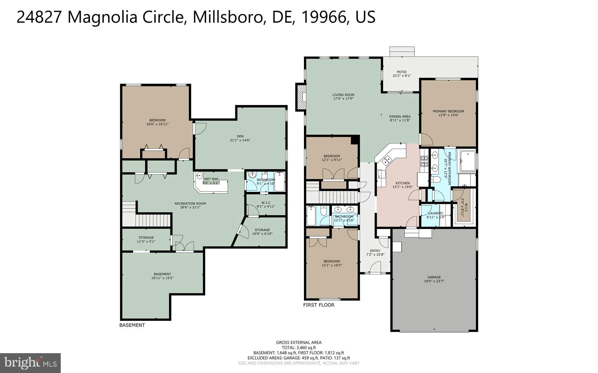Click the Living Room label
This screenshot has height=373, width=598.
343,95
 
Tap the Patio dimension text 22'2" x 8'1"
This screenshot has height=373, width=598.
401,76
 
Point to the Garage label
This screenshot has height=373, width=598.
434,277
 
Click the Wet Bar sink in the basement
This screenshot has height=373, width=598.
199,176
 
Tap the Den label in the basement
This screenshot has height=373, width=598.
240,136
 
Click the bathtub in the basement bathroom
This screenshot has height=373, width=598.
279,182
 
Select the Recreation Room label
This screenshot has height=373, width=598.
190,204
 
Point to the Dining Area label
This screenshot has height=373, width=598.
400,116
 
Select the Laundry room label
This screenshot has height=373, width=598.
435,213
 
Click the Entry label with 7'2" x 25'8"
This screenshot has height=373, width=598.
375,253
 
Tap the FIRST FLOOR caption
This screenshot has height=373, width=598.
319,305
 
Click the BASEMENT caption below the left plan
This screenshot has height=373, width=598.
132,325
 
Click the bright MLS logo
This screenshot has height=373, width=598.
30,363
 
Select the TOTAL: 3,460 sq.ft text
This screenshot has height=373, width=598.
299,348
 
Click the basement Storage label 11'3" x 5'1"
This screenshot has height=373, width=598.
146,239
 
